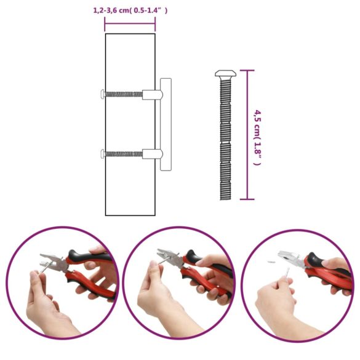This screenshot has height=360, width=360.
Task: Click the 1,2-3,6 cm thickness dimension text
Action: point(130,10)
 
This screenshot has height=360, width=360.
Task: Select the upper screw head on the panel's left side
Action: point(103,94)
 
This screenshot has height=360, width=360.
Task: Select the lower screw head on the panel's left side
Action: point(103,153)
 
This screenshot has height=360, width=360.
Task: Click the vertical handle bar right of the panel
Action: point(165,124)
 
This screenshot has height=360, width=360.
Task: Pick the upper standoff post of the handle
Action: point(152,94)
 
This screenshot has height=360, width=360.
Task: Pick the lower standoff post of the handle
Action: point(152,153)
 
